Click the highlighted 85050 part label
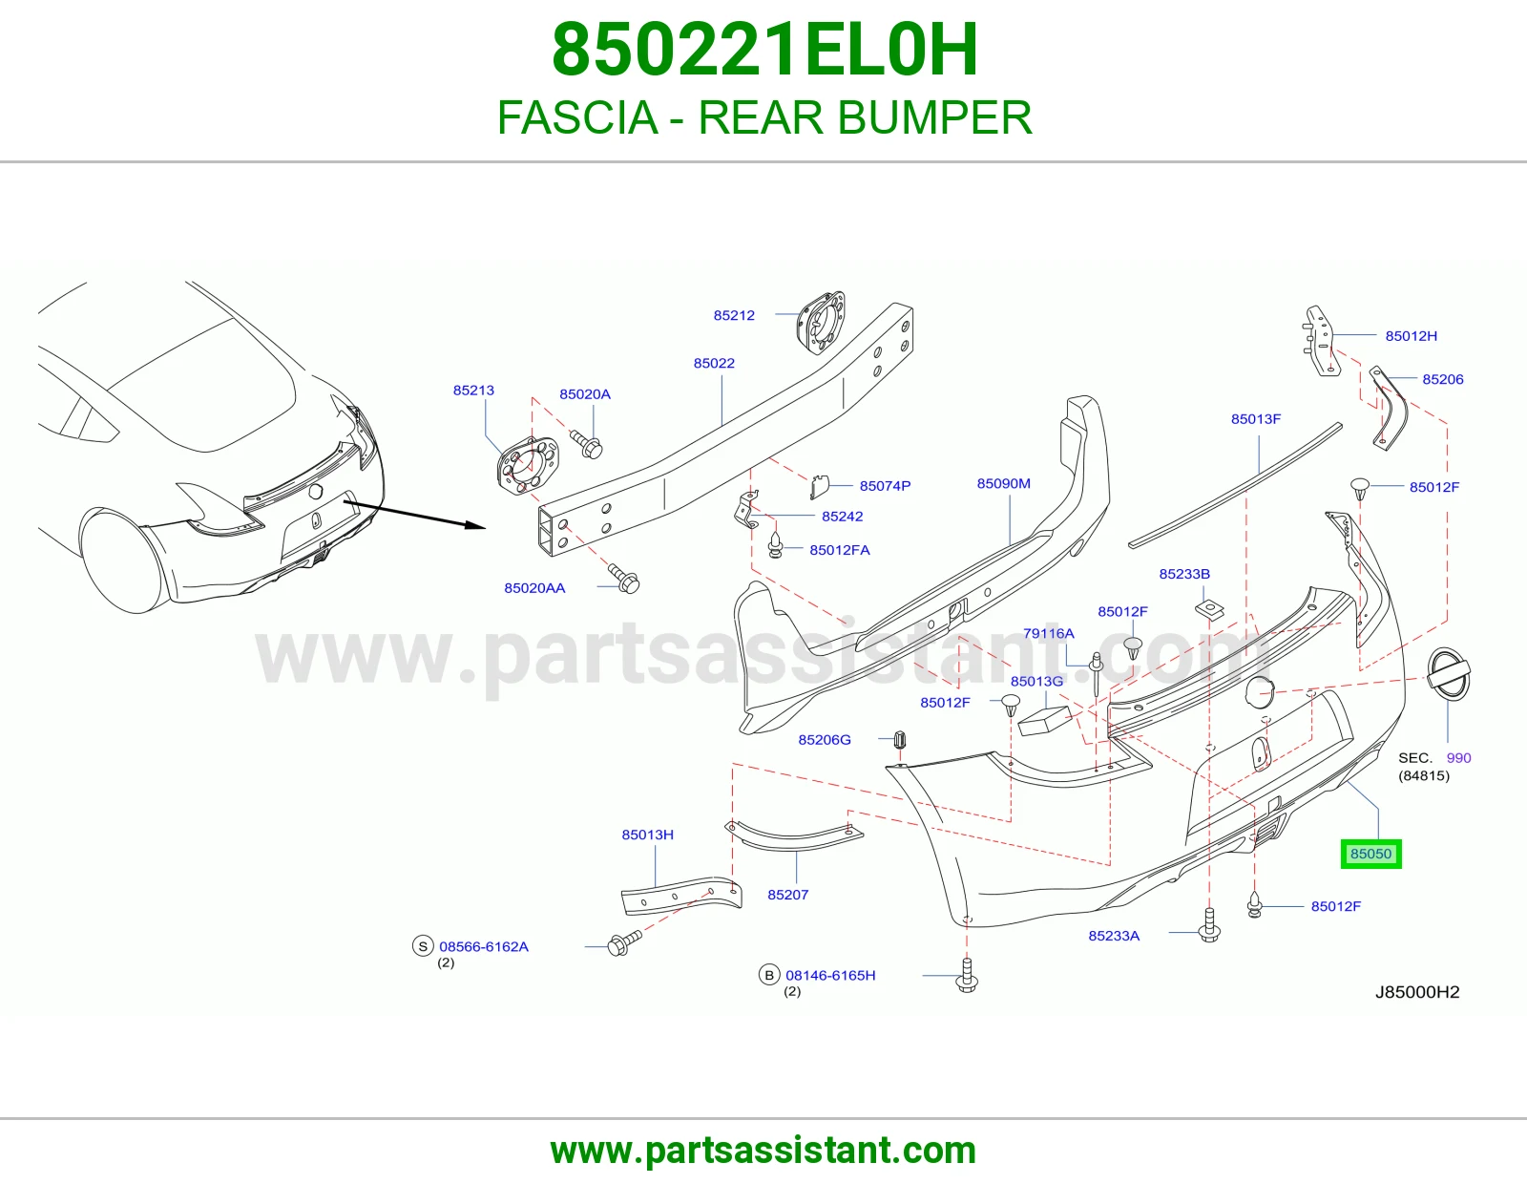[x=1370, y=854]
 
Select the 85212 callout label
[x=734, y=316]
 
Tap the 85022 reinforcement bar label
[x=714, y=364]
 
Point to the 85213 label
[x=473, y=391]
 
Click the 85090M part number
[x=1003, y=484]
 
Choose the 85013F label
[x=1256, y=419]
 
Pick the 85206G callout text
[x=825, y=740]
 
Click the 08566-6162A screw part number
[x=484, y=946]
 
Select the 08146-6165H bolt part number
[x=830, y=975]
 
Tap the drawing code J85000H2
[x=1417, y=992]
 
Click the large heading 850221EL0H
[x=764, y=50]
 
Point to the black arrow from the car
[x=414, y=514]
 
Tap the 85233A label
[x=1114, y=936]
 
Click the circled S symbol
[x=423, y=946]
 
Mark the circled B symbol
[x=769, y=975]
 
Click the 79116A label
[x=1049, y=633]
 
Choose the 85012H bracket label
[x=1412, y=336]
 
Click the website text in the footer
[x=763, y=1151]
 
